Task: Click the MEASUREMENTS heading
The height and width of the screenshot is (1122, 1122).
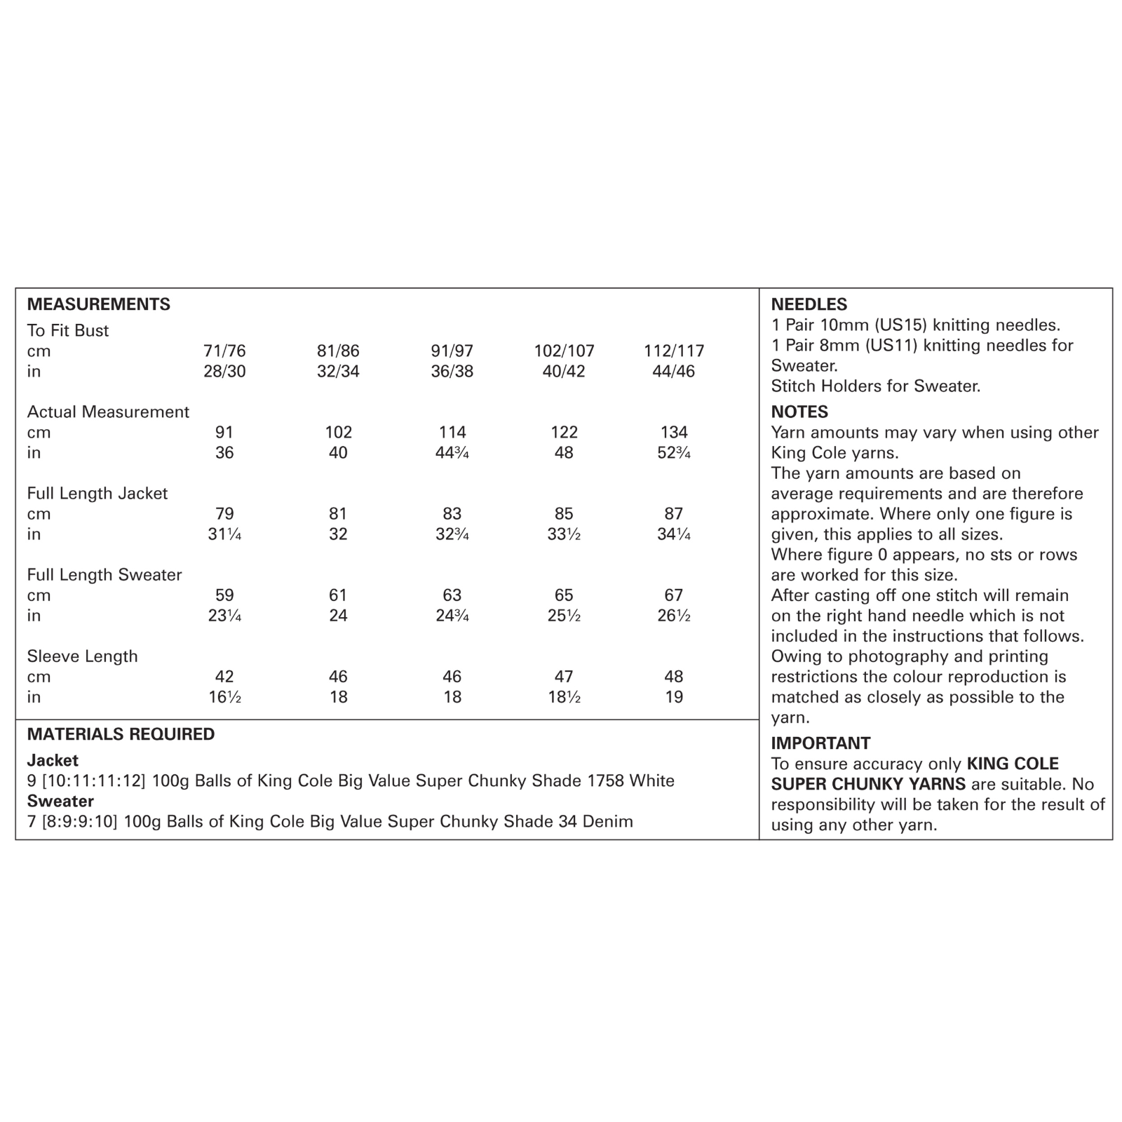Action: coord(98,304)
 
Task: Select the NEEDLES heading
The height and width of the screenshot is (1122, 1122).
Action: coord(809,304)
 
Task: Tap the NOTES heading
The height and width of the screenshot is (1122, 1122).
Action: coord(799,412)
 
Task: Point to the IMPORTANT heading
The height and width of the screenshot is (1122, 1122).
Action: coord(820,743)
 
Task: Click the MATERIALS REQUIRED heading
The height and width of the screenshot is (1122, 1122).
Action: coord(121,734)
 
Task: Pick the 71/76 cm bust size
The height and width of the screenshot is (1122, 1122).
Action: coord(224,351)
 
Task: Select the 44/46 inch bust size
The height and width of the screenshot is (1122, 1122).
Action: coord(673,371)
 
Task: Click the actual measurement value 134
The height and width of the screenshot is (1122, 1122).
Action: coord(673,432)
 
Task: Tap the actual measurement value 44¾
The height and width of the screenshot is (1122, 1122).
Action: coord(452,452)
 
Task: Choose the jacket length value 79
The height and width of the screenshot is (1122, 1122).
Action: coord(224,513)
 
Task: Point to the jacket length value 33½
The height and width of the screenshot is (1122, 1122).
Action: coord(564,534)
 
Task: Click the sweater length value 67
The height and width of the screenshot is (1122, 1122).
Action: coord(673,595)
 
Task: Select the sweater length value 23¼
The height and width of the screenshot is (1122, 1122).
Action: coord(224,615)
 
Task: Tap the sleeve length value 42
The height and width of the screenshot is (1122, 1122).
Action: coord(224,676)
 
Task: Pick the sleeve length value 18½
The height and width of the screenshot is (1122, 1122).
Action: coord(564,696)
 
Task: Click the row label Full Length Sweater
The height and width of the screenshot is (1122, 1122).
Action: coord(104,574)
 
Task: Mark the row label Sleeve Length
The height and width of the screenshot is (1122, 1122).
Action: coord(82,656)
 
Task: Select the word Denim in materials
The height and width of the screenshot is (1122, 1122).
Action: coord(607,821)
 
